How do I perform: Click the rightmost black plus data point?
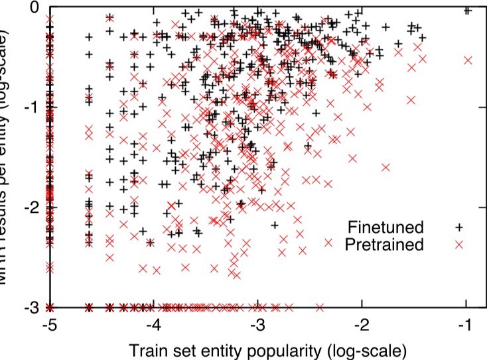(x=467, y=10)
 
